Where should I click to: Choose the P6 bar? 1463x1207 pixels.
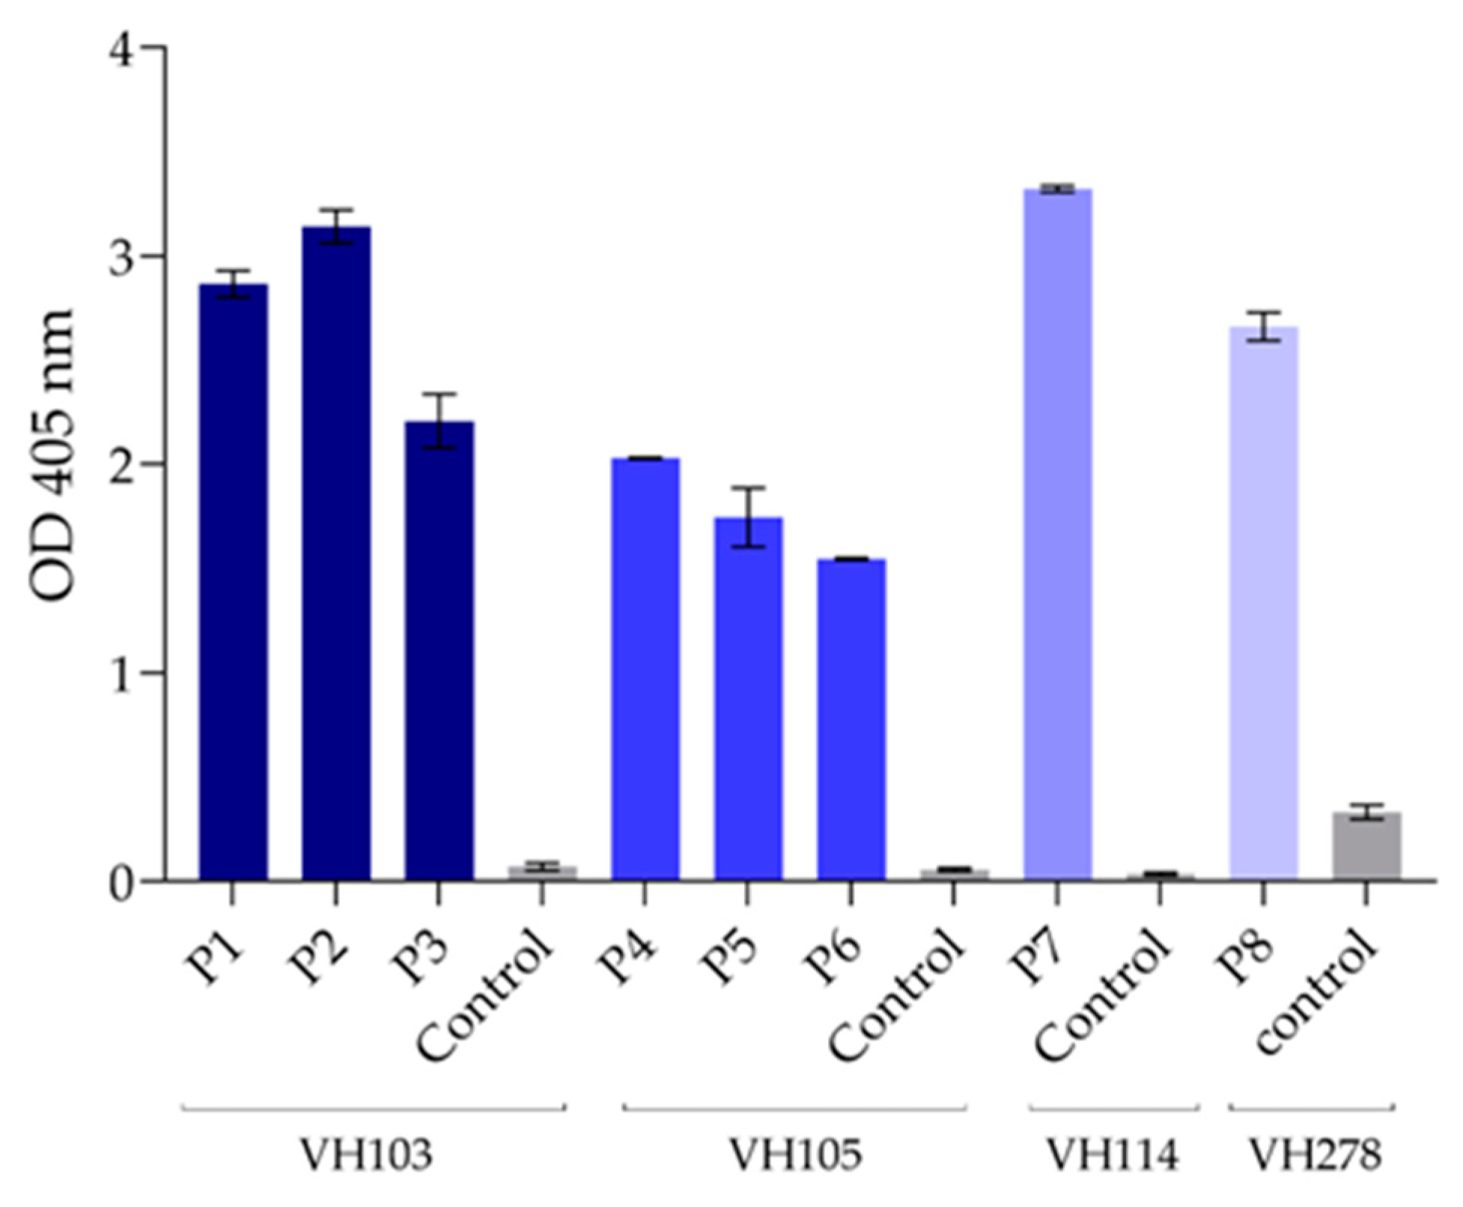(851, 719)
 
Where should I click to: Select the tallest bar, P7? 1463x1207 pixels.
(1057, 535)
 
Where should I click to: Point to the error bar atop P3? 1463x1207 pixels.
(439, 421)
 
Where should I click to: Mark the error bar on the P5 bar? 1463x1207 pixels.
(748, 517)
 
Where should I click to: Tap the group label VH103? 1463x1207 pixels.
(367, 1155)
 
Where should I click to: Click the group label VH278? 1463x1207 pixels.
(1315, 1155)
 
